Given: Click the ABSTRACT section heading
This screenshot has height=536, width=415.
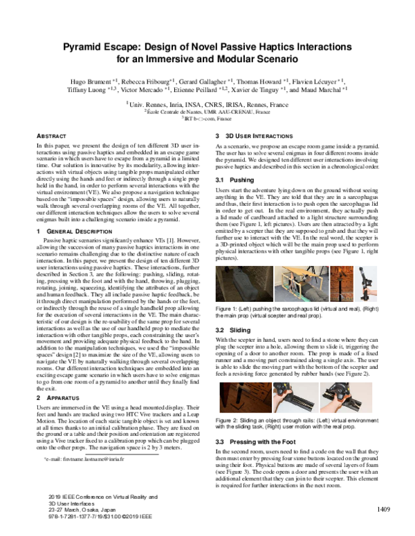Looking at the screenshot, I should tap(50, 137).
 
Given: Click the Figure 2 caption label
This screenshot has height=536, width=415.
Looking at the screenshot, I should tap(229, 420).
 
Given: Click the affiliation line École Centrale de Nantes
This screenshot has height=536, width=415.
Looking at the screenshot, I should tap(207, 111).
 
